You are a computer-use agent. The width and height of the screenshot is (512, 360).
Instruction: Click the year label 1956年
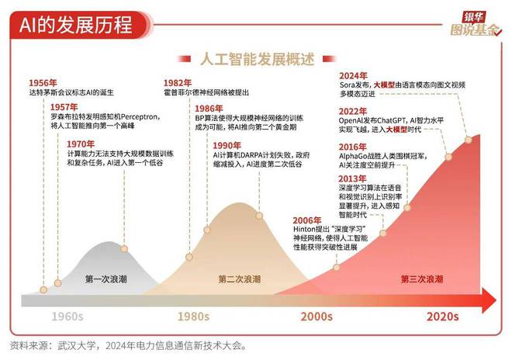pos(43,82)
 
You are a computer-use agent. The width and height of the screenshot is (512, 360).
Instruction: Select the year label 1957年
pos(64,106)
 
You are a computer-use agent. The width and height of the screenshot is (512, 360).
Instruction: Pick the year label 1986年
pos(209,109)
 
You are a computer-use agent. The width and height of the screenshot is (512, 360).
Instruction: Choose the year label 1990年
pos(227,144)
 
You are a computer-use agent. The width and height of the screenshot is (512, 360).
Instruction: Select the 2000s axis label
pos(317,317)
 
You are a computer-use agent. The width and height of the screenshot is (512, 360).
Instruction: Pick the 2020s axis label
pos(443,317)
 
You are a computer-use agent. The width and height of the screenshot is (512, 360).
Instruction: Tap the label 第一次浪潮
pos(106,279)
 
